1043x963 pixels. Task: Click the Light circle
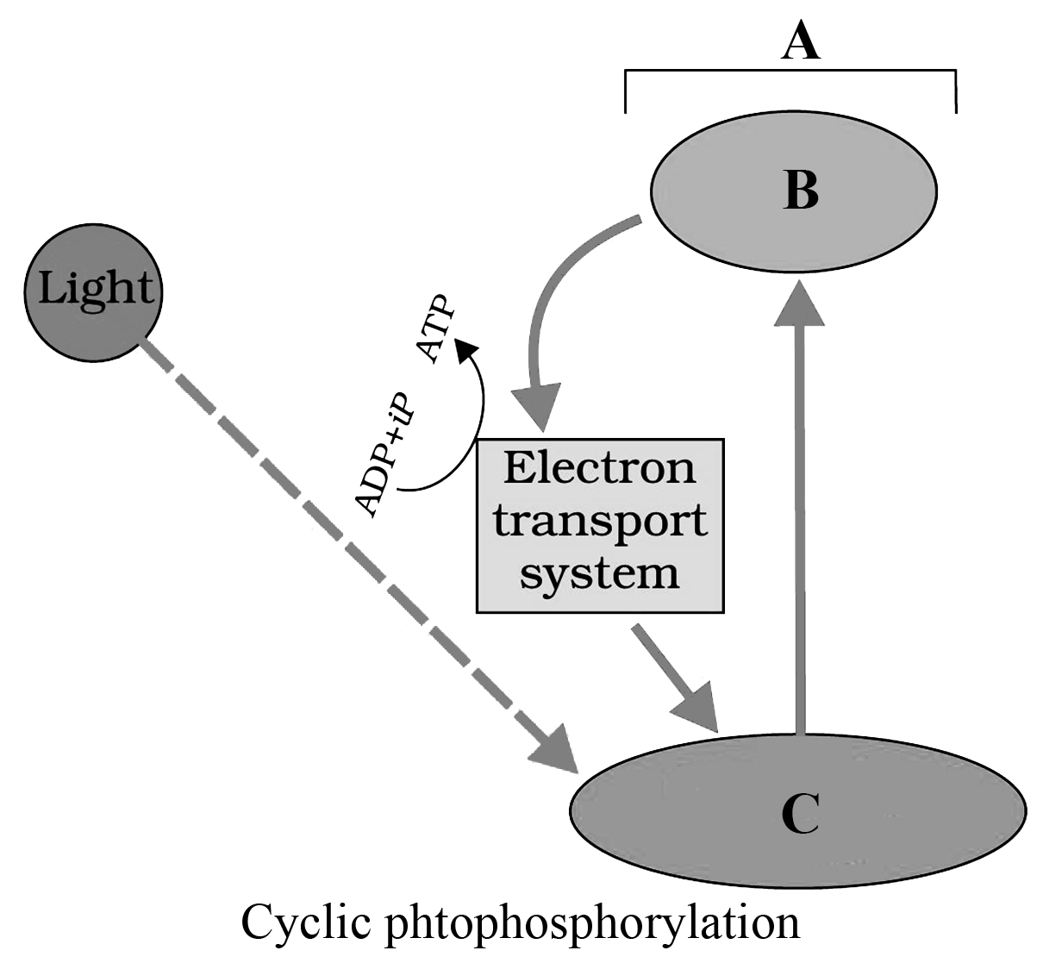pyautogui.click(x=93, y=289)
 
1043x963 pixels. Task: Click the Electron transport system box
pyautogui.click(x=600, y=526)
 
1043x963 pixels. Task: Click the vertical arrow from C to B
pyautogui.click(x=800, y=517)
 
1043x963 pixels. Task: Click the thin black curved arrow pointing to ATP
pyautogui.click(x=470, y=414)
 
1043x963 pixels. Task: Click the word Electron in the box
pyautogui.click(x=599, y=469)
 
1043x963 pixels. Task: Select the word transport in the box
pyautogui.click(x=600, y=522)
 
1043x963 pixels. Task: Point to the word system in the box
pyautogui.click(x=600, y=573)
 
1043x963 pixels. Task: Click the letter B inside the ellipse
pyautogui.click(x=801, y=191)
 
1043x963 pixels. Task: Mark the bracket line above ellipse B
pyautogui.click(x=790, y=75)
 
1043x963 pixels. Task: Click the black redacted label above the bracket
pyautogui.click(x=801, y=39)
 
